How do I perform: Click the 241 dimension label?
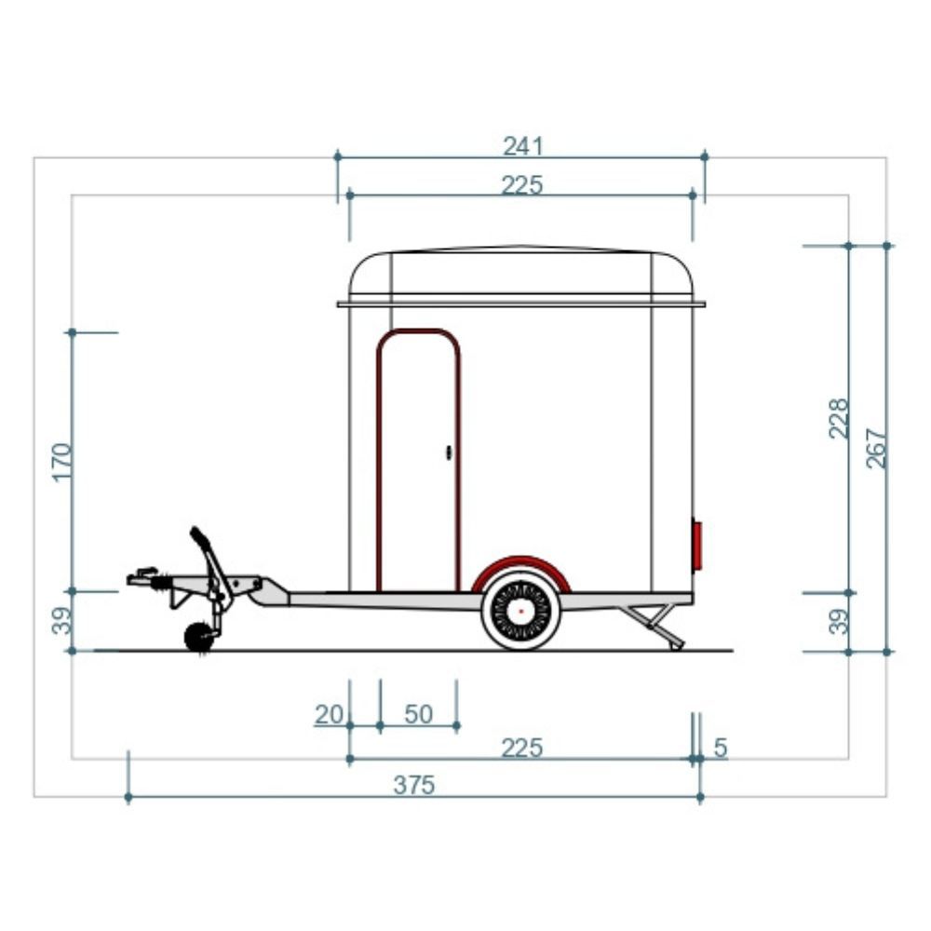[x=522, y=146]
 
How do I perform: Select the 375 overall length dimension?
[x=414, y=785]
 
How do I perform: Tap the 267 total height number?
[x=876, y=449]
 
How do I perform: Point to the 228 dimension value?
[x=839, y=419]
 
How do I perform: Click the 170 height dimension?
[x=62, y=462]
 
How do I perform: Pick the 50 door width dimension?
[x=419, y=714]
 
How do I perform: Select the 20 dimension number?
[x=329, y=714]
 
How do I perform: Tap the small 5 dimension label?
[x=721, y=748]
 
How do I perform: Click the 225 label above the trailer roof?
[x=522, y=185]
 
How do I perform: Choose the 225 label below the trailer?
[x=522, y=749]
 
